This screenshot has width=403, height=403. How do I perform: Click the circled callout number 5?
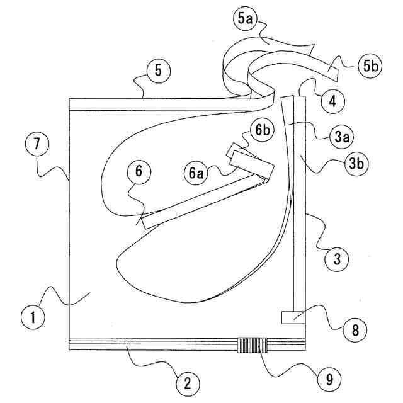coord(158,71)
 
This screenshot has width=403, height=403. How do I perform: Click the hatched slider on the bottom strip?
coord(252,344)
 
